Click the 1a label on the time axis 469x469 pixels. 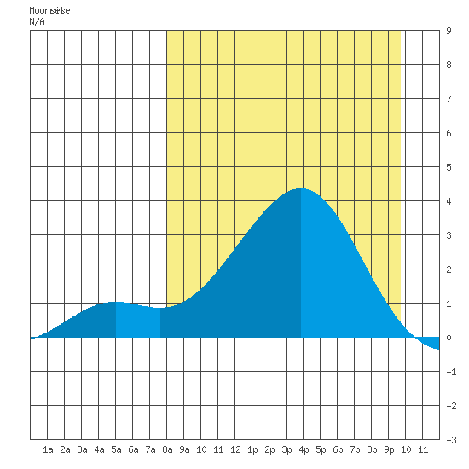pyautogui.click(x=48, y=449)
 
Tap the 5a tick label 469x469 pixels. pyautogui.click(x=116, y=449)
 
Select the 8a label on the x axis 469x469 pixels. pyautogui.click(x=167, y=449)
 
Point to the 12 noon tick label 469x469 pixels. pyautogui.click(x=235, y=449)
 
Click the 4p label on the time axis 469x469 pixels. pyautogui.click(x=304, y=449)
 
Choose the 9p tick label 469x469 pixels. pyautogui.click(x=389, y=449)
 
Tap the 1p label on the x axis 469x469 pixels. pyautogui.click(x=252, y=449)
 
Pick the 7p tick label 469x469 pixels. pyautogui.click(x=355, y=449)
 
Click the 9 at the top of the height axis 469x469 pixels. pyautogui.click(x=449, y=31)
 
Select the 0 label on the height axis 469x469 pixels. pyautogui.click(x=449, y=338)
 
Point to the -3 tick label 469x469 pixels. pyautogui.click(x=451, y=440)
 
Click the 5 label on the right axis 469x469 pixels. pyautogui.click(x=449, y=167)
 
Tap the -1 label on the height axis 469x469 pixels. pyautogui.click(x=451, y=372)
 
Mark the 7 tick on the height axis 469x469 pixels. pyautogui.click(x=449, y=99)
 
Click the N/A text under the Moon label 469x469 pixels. pyautogui.click(x=37, y=21)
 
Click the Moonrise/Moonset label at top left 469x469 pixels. pyautogui.click(x=49, y=10)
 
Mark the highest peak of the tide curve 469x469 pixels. pyautogui.click(x=301, y=188)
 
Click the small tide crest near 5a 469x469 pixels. pyautogui.click(x=115, y=302)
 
